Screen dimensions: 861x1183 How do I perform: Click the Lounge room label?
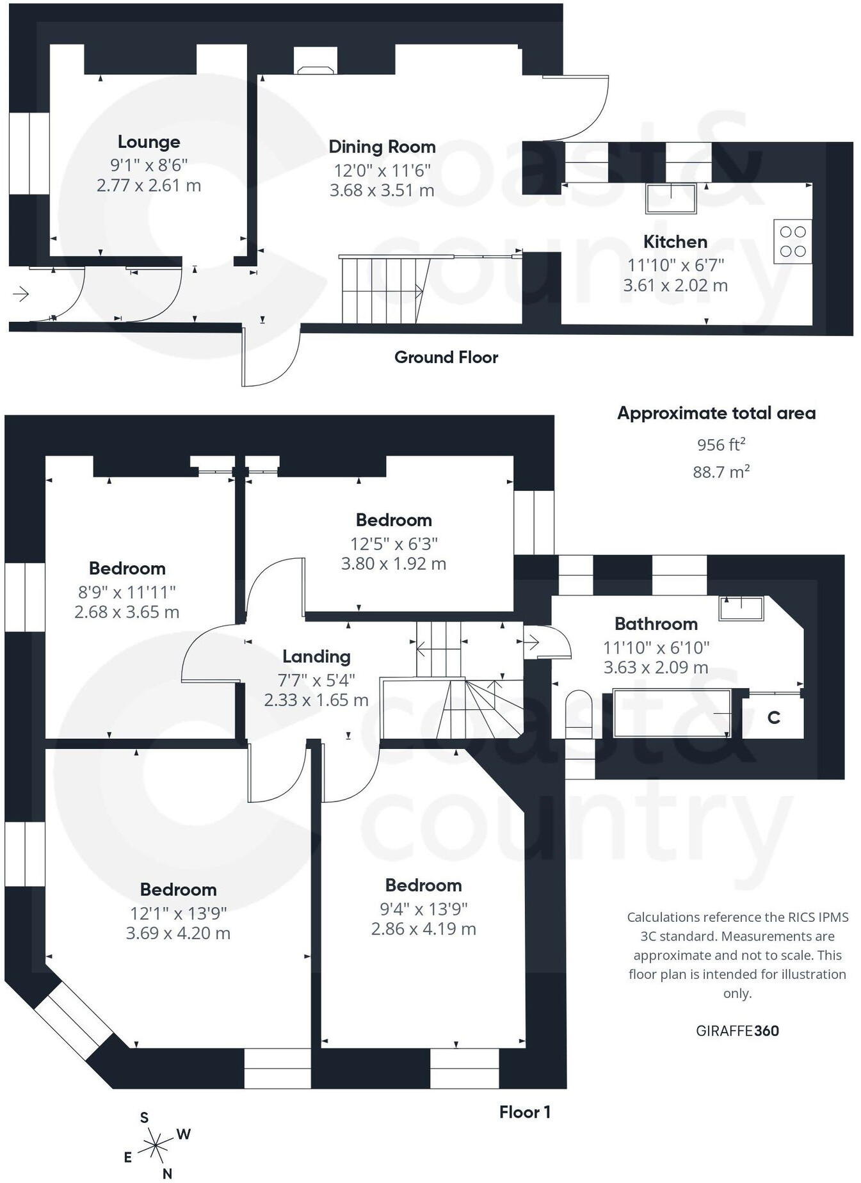coord(149,141)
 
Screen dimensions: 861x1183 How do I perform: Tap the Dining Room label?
coord(382,147)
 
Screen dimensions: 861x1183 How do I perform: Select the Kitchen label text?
coord(675,242)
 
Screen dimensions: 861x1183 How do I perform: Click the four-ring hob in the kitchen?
coord(793,241)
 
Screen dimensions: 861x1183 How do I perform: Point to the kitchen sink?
coord(671,198)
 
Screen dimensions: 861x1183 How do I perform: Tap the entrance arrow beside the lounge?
coord(21,294)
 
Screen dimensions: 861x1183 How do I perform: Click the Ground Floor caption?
coord(446,357)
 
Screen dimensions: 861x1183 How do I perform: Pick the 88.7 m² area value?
coord(721,472)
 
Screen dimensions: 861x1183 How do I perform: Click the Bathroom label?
coord(656,624)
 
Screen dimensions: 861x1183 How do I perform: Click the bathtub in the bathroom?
coord(672,712)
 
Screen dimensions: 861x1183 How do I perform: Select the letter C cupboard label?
coord(774,718)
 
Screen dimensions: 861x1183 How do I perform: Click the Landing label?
coord(316,656)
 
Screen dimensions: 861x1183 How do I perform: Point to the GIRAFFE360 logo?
coord(737,1031)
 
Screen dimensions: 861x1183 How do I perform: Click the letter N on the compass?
coord(168,1173)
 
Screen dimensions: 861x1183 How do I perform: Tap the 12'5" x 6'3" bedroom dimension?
coord(394,543)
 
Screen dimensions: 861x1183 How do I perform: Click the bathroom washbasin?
coord(741,608)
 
